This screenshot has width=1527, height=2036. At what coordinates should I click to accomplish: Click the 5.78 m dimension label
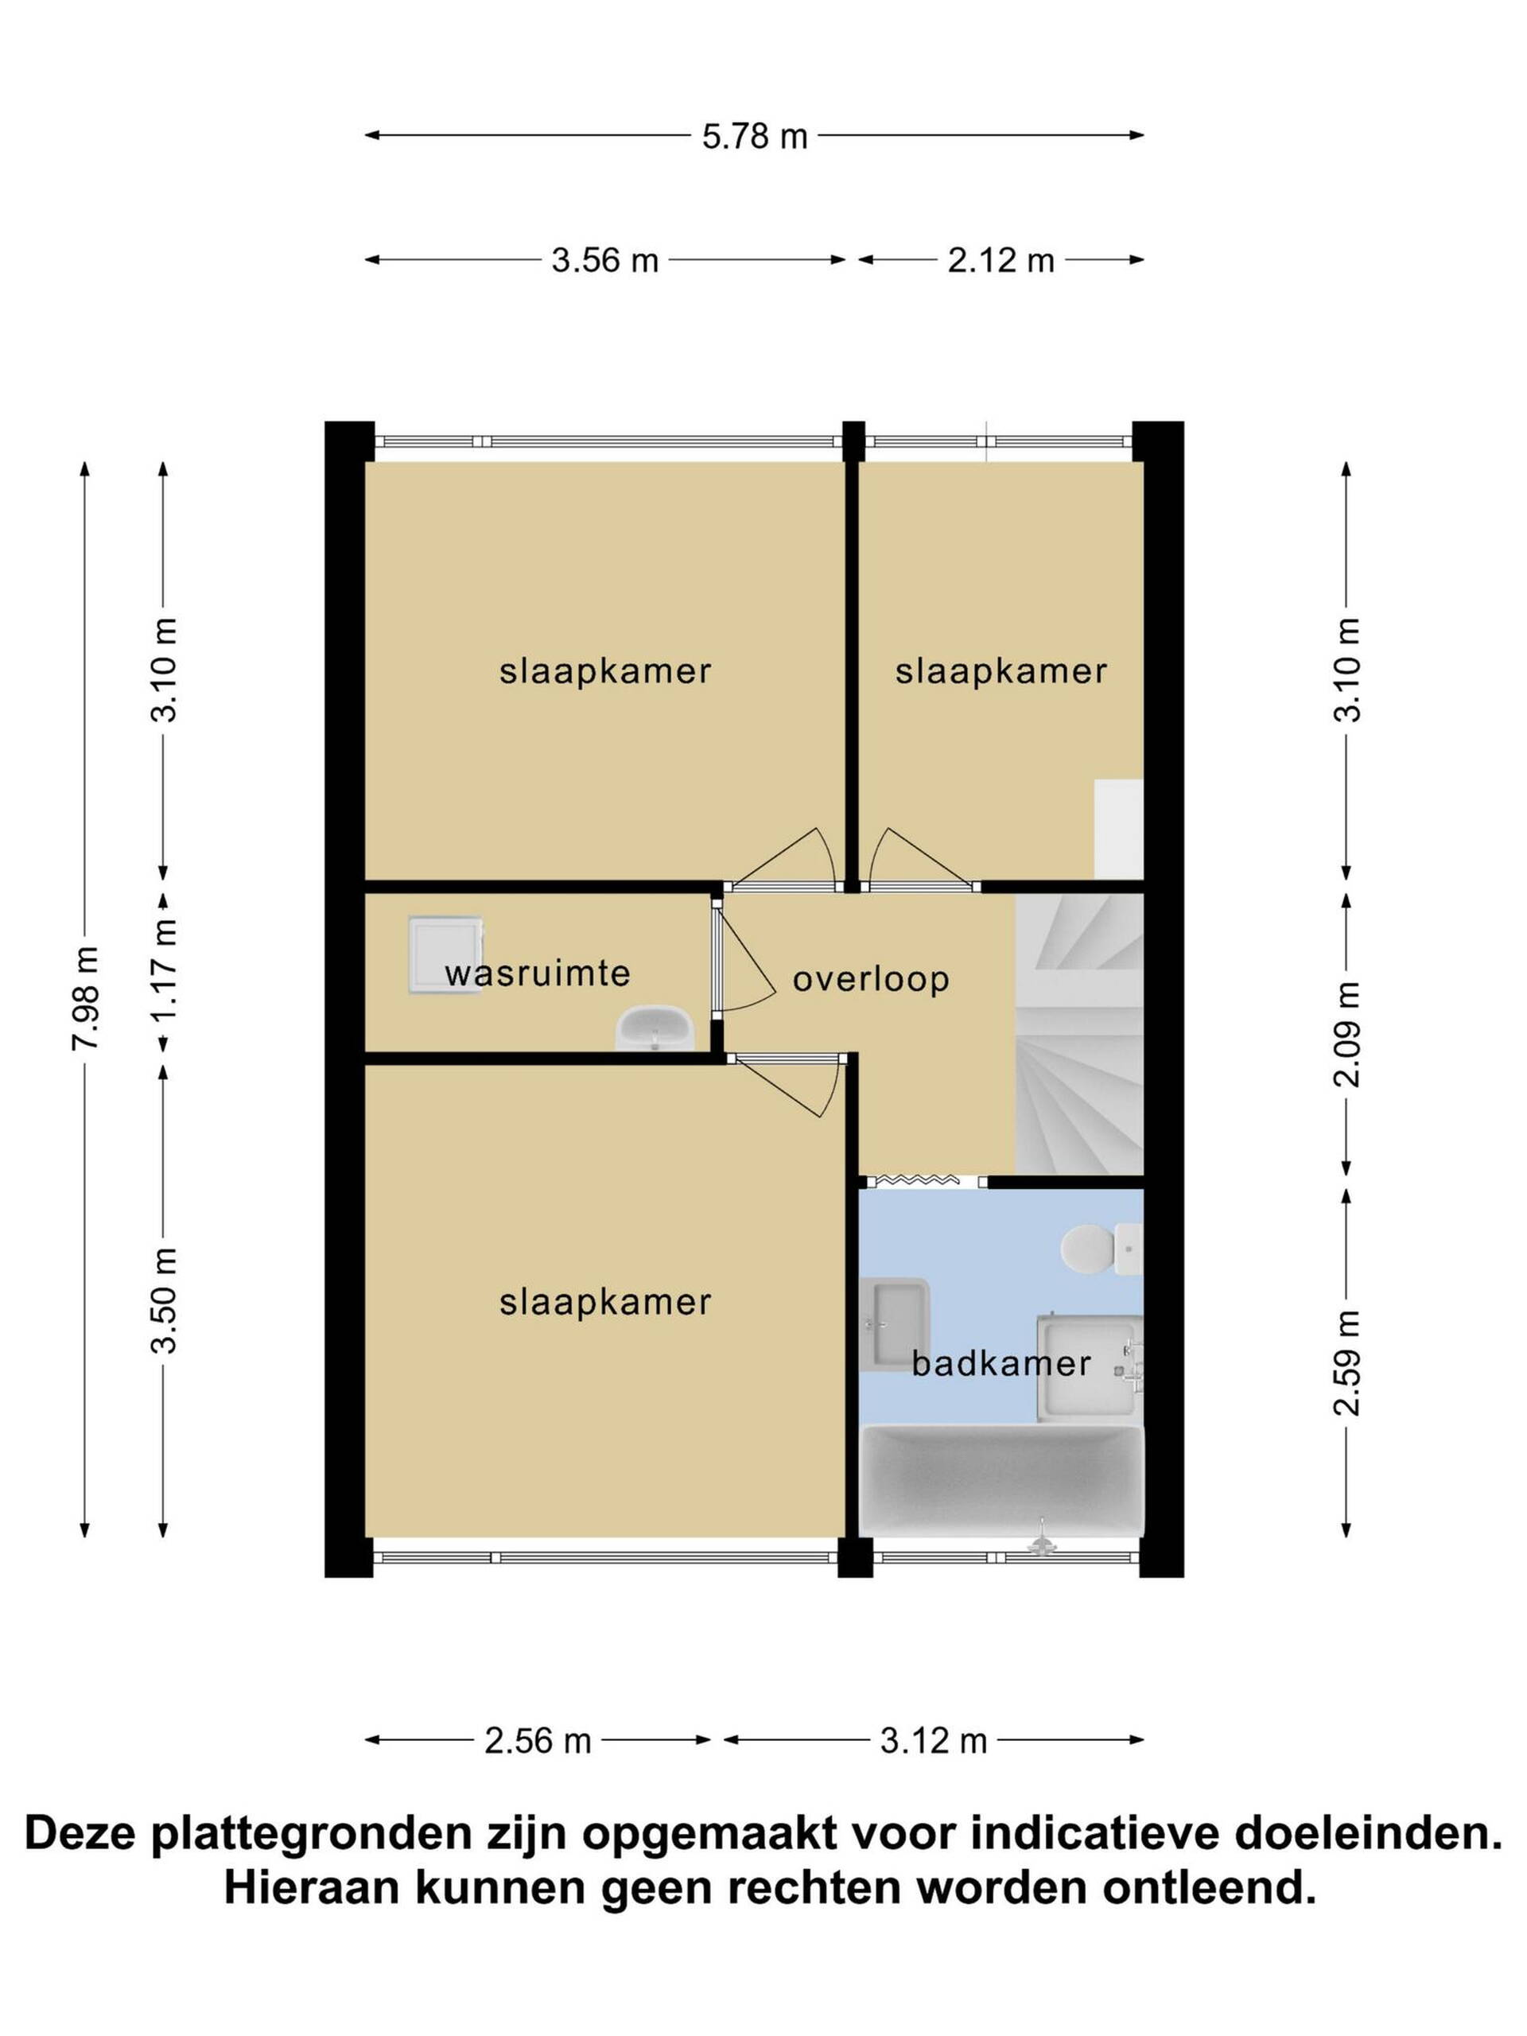[x=754, y=136]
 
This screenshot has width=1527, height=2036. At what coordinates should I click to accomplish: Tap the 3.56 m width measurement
[x=604, y=261]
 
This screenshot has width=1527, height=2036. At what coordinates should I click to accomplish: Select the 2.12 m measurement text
[x=1001, y=261]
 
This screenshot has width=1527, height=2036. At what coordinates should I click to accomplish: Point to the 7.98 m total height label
[x=86, y=998]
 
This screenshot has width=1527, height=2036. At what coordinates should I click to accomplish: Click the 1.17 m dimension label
[x=165, y=972]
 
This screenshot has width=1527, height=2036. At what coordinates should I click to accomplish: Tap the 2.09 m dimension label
[x=1346, y=1035]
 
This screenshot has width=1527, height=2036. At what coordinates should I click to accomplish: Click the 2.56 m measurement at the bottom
[x=538, y=1740]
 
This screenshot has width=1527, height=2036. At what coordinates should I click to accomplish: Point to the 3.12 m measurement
[x=934, y=1740]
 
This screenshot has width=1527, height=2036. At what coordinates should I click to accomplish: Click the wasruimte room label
[x=538, y=973]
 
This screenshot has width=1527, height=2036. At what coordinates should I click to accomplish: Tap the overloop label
[x=871, y=978]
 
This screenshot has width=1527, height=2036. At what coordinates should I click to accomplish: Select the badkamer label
[x=1001, y=1363]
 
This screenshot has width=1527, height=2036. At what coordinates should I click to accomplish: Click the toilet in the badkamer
[x=1101, y=1249]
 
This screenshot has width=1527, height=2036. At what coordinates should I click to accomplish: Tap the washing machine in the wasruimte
[x=445, y=954]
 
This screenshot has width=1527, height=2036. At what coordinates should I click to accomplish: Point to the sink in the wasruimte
[x=655, y=1028]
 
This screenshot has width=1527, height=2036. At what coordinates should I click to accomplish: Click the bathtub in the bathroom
[x=1001, y=1481]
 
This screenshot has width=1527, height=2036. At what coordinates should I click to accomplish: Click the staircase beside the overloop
[x=1078, y=1035]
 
